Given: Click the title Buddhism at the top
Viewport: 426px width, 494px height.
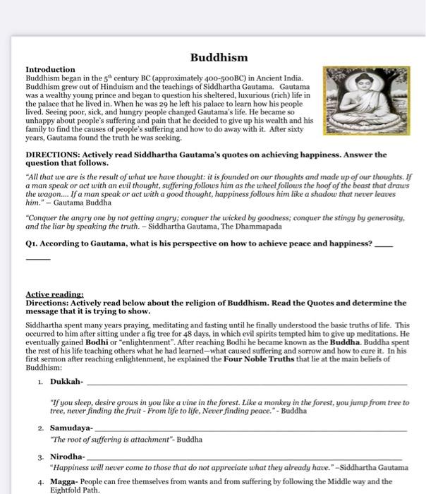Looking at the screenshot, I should tap(219, 57).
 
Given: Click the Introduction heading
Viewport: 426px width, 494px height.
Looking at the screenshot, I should tap(50, 70).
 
